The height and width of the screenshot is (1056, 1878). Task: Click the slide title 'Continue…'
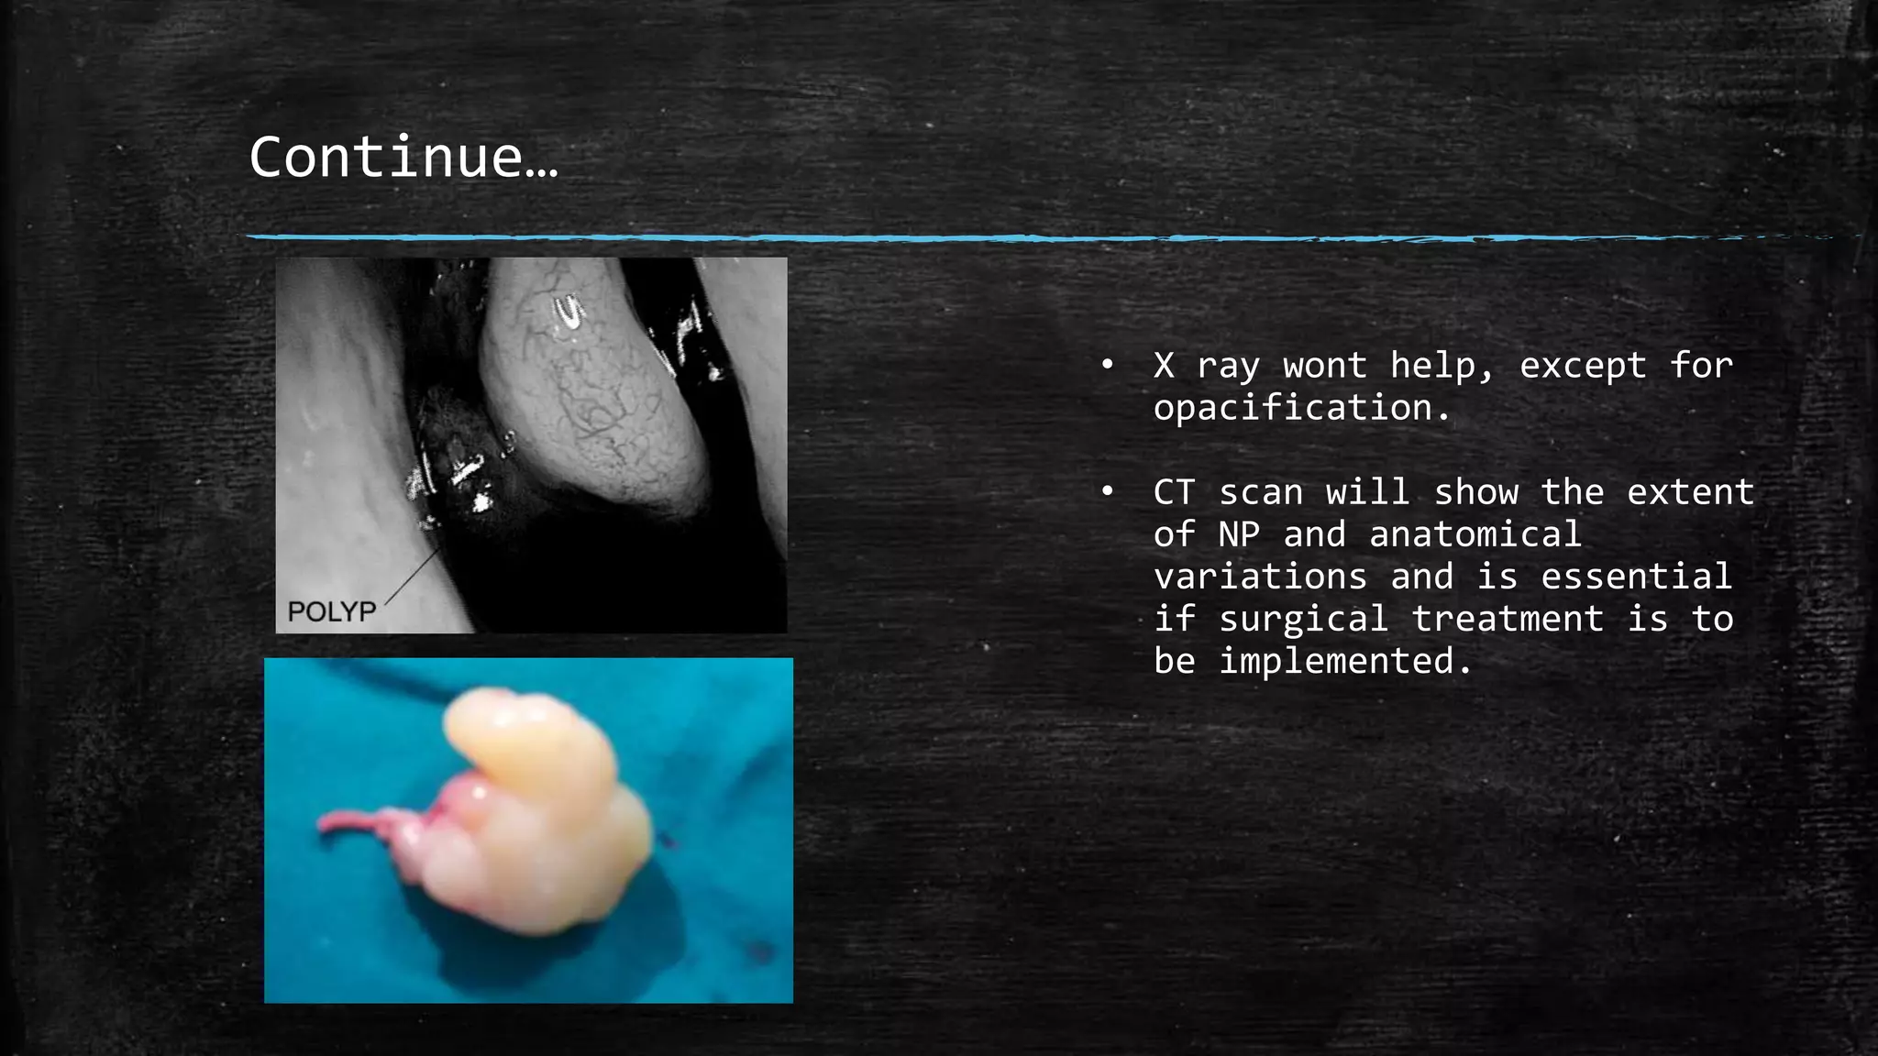(x=403, y=157)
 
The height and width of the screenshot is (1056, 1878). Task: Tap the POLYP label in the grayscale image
(x=332, y=611)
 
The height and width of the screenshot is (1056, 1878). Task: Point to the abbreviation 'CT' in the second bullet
(x=1175, y=492)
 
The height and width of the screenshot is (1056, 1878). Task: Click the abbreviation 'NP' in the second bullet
(x=1239, y=534)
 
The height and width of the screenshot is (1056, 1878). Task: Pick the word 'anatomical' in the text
(x=1475, y=534)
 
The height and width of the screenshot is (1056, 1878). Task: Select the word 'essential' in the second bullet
(x=1636, y=577)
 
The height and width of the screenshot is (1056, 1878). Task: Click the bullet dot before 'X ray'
(x=1108, y=366)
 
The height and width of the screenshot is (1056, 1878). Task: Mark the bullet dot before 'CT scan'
(x=1108, y=492)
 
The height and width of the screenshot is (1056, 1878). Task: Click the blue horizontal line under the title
(x=825, y=237)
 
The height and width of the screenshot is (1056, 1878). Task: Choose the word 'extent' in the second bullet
(x=1690, y=492)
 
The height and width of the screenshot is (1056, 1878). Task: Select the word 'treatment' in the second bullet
(x=1508, y=619)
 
